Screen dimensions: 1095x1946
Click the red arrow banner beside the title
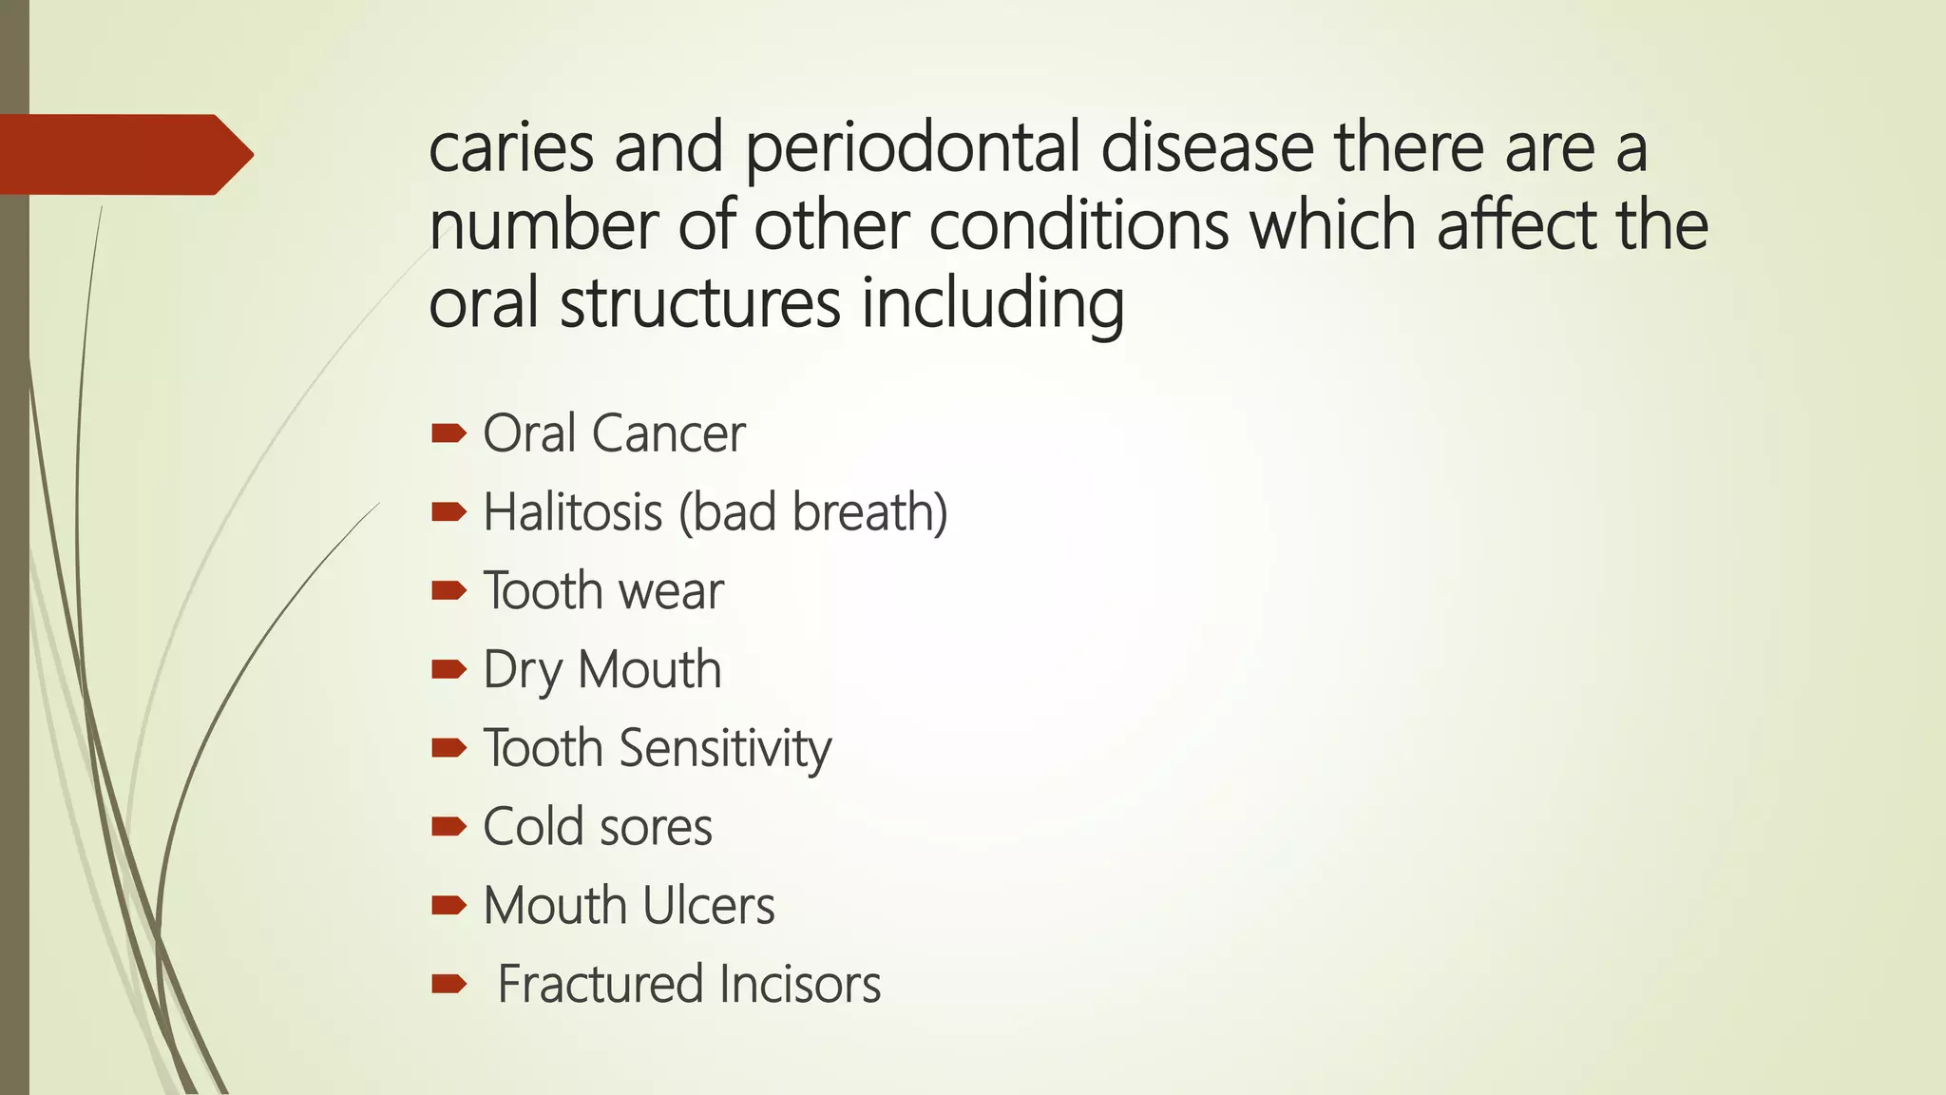click(x=124, y=154)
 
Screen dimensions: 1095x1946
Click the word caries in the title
click(x=511, y=148)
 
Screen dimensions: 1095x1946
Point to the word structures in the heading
click(x=700, y=304)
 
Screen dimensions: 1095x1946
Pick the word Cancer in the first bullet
click(x=668, y=433)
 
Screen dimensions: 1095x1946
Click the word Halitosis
click(x=572, y=512)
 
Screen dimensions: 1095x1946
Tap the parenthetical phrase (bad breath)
click(x=812, y=512)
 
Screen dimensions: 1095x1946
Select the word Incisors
click(x=799, y=984)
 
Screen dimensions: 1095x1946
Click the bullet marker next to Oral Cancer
click(x=448, y=434)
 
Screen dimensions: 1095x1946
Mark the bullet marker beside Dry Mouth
click(x=448, y=670)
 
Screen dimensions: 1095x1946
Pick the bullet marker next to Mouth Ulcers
click(x=448, y=906)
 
